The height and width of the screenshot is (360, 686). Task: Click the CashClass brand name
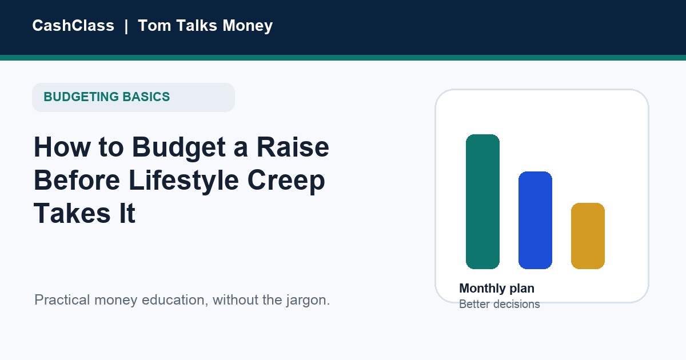[73, 25]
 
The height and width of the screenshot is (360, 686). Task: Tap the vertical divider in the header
[126, 26]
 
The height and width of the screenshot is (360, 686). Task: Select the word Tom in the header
[154, 25]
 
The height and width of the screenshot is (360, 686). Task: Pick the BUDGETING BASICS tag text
[106, 97]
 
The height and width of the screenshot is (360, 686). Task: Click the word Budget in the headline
[179, 148]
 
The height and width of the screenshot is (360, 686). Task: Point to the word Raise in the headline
[293, 147]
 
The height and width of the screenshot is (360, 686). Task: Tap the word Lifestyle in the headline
[184, 181]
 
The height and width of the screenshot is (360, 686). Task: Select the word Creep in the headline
[286, 181]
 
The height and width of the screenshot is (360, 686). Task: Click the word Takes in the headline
[72, 213]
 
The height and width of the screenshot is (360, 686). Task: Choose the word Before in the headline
[77, 180]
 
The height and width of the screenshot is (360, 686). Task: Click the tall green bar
[482, 202]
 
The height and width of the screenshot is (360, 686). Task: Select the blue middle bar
[535, 221]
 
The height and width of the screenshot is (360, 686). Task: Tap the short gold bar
[588, 236]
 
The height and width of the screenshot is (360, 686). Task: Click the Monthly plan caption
[497, 289]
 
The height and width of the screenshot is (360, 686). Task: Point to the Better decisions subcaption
[500, 304]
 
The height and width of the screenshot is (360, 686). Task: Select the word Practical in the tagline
[62, 299]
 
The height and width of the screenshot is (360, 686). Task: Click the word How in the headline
[62, 147]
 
